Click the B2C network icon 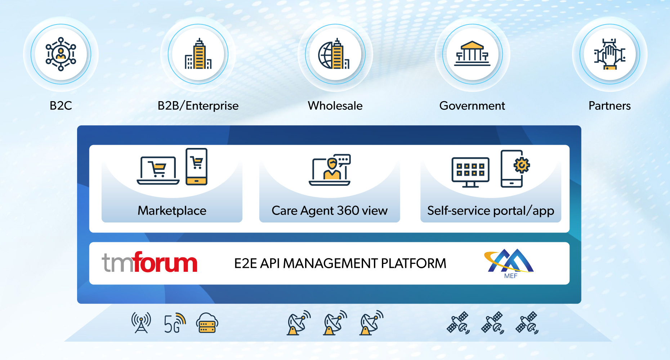click(61, 54)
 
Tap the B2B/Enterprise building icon click(198, 54)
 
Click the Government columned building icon click(472, 54)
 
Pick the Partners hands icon click(609, 54)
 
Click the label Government click(472, 106)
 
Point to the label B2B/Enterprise click(198, 106)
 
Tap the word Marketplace click(172, 211)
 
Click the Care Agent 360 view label click(330, 211)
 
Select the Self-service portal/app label click(491, 211)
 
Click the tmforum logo click(150, 263)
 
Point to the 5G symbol click(174, 323)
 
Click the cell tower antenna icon click(141, 323)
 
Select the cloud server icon click(207, 323)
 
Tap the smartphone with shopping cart click(196, 166)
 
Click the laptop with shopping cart click(158, 170)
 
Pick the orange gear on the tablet click(522, 165)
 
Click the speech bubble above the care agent click(344, 159)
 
